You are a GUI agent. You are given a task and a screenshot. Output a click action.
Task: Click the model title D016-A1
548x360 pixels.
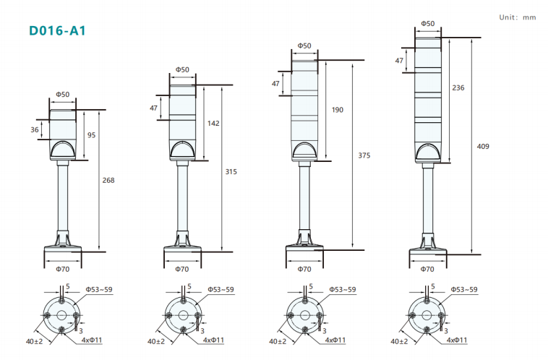pyautogui.click(x=59, y=31)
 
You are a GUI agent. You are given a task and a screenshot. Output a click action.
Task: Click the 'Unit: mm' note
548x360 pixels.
pyautogui.click(x=518, y=17)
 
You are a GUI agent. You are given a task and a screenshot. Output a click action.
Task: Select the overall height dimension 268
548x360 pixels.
pyautogui.click(x=108, y=180)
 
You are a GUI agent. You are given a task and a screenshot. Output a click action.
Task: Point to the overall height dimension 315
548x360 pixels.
pyautogui.click(x=231, y=171)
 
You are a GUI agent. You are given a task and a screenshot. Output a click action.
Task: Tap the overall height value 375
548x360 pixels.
pyautogui.click(x=364, y=155)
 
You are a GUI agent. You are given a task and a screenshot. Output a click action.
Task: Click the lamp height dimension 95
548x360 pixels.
pyautogui.click(x=92, y=135)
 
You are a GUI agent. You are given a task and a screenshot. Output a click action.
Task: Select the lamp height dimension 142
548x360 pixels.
pyautogui.click(x=213, y=123)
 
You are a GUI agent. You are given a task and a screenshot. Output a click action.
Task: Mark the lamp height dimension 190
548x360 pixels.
pyautogui.click(x=338, y=110)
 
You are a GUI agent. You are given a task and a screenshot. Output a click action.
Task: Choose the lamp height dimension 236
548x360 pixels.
pyautogui.click(x=458, y=87)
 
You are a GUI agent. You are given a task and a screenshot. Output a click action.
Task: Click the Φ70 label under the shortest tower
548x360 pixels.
pyautogui.click(x=63, y=269)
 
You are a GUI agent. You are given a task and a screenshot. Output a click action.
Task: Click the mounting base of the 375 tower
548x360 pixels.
pyautogui.click(x=304, y=249)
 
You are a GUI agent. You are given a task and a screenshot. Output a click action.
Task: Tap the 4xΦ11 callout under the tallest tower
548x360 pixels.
pyautogui.click(x=457, y=340)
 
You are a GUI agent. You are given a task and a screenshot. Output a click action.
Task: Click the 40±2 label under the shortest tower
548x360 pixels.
pyautogui.click(x=34, y=341)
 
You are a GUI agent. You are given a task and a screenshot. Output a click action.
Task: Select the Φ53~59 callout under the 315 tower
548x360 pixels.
pyautogui.click(x=222, y=290)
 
